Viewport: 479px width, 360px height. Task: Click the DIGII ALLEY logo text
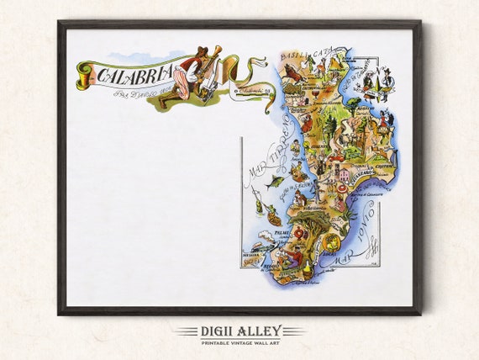pyautogui.click(x=239, y=331)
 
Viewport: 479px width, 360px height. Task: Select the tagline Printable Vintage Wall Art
pyautogui.click(x=239, y=341)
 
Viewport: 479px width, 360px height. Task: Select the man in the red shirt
pyautogui.click(x=292, y=254)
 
